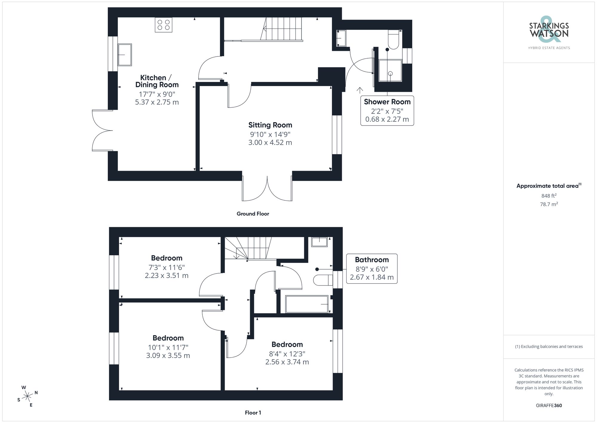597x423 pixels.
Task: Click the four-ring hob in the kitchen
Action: pyautogui.click(x=164, y=25)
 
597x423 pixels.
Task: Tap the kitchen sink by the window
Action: pyautogui.click(x=124, y=55)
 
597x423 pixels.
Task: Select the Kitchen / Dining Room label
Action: pyautogui.click(x=157, y=81)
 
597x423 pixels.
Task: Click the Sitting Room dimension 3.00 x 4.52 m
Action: pyautogui.click(x=270, y=143)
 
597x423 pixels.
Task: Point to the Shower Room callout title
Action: pyautogui.click(x=387, y=102)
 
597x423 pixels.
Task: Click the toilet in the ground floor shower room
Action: pyautogui.click(x=393, y=40)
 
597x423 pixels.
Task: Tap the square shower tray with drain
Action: pyautogui.click(x=390, y=71)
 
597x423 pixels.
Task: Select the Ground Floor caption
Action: pyautogui.click(x=253, y=214)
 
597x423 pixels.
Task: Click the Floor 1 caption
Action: pyautogui.click(x=253, y=413)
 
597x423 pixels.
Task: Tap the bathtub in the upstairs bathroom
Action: pyautogui.click(x=307, y=304)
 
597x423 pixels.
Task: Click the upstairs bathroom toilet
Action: pyautogui.click(x=322, y=280)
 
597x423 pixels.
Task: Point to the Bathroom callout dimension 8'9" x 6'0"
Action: pyautogui.click(x=372, y=269)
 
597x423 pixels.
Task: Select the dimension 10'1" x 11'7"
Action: pyautogui.click(x=168, y=347)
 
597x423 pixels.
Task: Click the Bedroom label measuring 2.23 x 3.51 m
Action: pyautogui.click(x=167, y=258)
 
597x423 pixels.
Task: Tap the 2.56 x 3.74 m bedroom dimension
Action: pyautogui.click(x=287, y=362)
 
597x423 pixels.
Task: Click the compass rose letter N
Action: pyautogui.click(x=36, y=393)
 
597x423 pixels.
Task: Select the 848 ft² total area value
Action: pyautogui.click(x=549, y=196)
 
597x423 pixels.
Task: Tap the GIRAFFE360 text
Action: pyautogui.click(x=549, y=405)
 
